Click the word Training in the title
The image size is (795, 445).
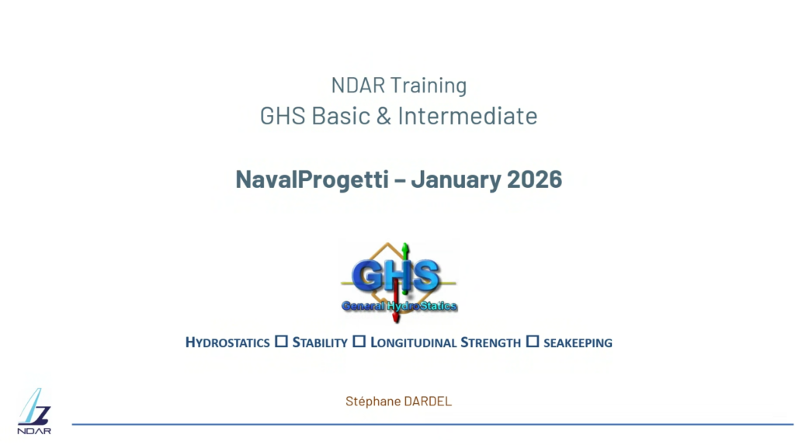click(x=429, y=85)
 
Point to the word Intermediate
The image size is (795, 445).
click(x=467, y=116)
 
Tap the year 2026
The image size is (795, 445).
click(x=534, y=180)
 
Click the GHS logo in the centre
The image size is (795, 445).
click(x=399, y=277)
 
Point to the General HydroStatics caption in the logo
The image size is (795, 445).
click(x=399, y=306)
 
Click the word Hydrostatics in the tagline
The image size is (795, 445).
click(x=227, y=342)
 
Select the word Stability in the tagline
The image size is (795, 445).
click(x=320, y=342)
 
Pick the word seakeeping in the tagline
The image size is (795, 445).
click(x=578, y=342)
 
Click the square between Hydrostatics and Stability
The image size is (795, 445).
click(x=281, y=342)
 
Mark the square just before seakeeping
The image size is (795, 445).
click(x=533, y=342)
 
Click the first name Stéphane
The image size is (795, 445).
click(x=373, y=402)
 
